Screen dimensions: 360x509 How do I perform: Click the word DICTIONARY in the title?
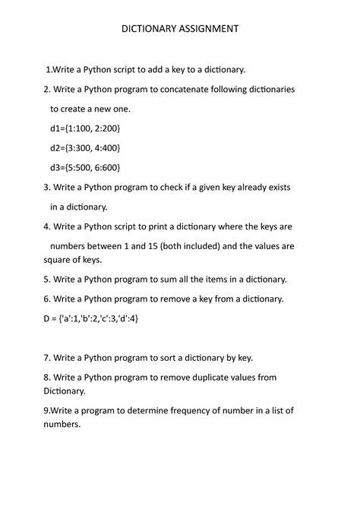coord(149,29)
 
